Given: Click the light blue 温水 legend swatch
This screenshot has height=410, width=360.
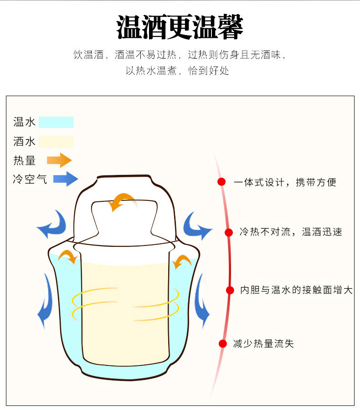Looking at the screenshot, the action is (56, 122).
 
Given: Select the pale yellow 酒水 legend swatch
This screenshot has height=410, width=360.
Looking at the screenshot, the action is (56, 142).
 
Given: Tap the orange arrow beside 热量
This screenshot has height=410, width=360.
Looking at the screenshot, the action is (59, 160).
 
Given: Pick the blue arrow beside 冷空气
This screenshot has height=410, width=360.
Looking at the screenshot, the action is (66, 179).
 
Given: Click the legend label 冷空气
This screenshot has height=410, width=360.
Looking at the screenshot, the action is (30, 179).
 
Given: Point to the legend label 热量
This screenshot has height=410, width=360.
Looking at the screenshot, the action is (25, 160).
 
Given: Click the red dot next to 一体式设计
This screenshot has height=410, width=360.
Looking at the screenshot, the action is (221, 182).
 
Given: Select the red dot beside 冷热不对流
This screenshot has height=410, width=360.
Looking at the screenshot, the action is (229, 232).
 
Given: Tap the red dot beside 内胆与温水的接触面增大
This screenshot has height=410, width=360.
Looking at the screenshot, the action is (230, 290).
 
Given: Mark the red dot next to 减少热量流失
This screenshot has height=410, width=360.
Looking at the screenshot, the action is (223, 343).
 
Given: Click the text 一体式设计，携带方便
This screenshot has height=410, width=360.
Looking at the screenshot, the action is (285, 183).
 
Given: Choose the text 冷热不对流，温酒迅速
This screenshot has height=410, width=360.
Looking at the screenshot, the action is (291, 232).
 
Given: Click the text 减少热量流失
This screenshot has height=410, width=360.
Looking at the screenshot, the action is (263, 344).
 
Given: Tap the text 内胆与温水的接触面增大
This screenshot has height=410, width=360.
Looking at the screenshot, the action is (296, 290).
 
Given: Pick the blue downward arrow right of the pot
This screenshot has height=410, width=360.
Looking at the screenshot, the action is (201, 303).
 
